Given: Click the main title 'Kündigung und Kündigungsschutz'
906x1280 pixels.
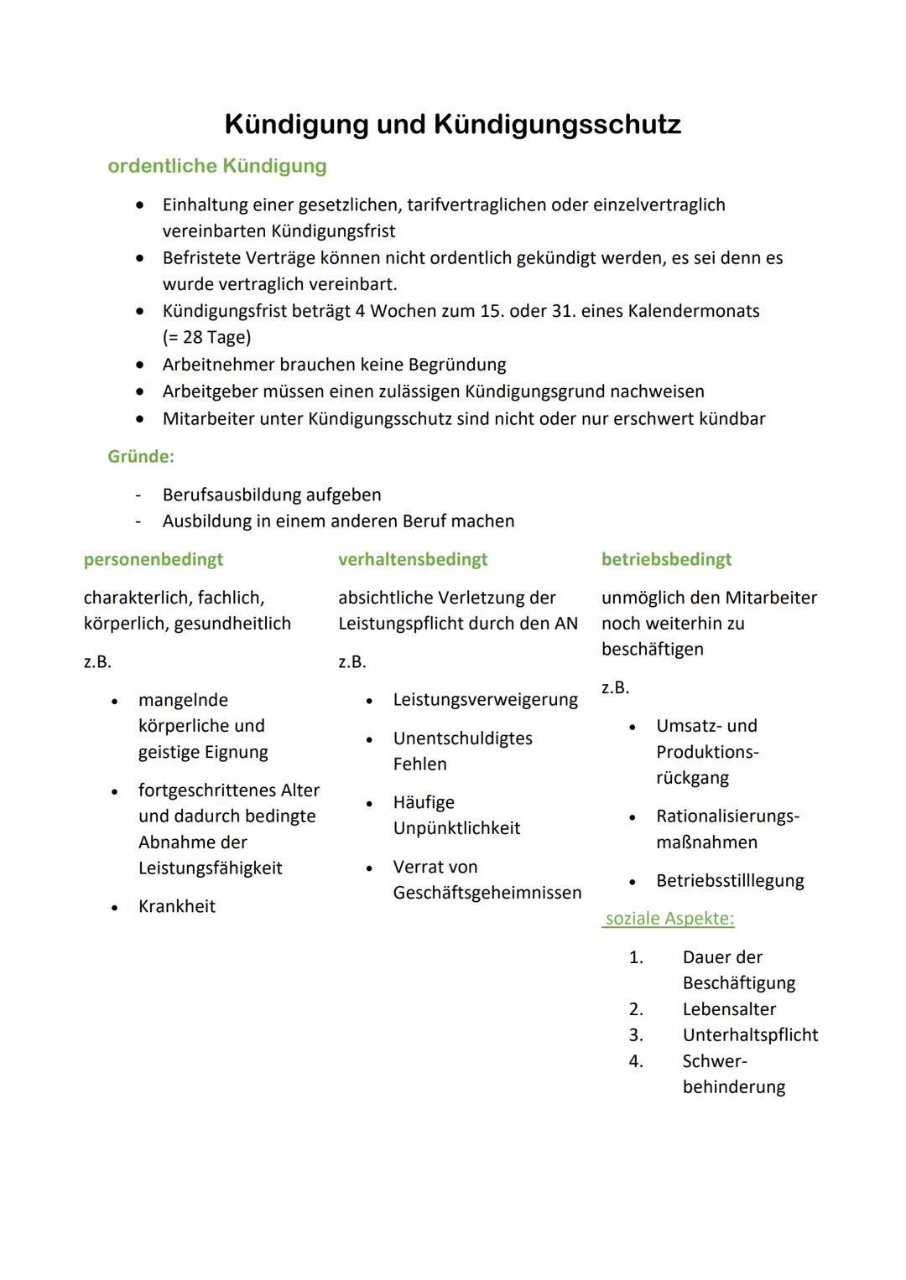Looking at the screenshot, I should pos(452,124).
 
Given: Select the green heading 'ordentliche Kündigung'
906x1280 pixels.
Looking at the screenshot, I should pos(217,166).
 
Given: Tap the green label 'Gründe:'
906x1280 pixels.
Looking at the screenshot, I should pos(141,457).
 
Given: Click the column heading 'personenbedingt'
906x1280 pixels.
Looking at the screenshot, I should pos(154,559).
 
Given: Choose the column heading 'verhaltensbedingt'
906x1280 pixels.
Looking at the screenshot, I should pos(413,559).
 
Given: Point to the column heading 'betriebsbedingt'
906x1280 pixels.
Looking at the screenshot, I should pos(666,559).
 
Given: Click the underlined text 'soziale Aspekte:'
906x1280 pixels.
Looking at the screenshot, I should pos(669,919).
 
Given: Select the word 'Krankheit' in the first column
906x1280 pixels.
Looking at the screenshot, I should pos(177,906).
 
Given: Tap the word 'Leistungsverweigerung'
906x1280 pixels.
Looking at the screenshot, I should pos(485,700).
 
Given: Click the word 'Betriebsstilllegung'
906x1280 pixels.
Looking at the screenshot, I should pos(730,881).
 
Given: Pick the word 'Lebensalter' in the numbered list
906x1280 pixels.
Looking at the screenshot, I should pos(729,1009).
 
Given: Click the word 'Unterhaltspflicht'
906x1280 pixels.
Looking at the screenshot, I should pos(750,1035).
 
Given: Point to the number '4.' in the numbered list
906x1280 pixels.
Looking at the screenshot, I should pos(636,1061).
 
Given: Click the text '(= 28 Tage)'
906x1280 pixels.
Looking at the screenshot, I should pos(206,338).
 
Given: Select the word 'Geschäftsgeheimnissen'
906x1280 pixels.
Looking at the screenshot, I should pos(487,893).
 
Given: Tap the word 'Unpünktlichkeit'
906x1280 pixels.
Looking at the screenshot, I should pos(456,828).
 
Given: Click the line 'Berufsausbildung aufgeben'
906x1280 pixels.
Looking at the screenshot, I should pos(272,495).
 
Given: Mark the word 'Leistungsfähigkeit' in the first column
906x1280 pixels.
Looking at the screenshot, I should pos(211,868).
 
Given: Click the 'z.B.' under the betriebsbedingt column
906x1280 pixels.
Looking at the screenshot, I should pos(615,688).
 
